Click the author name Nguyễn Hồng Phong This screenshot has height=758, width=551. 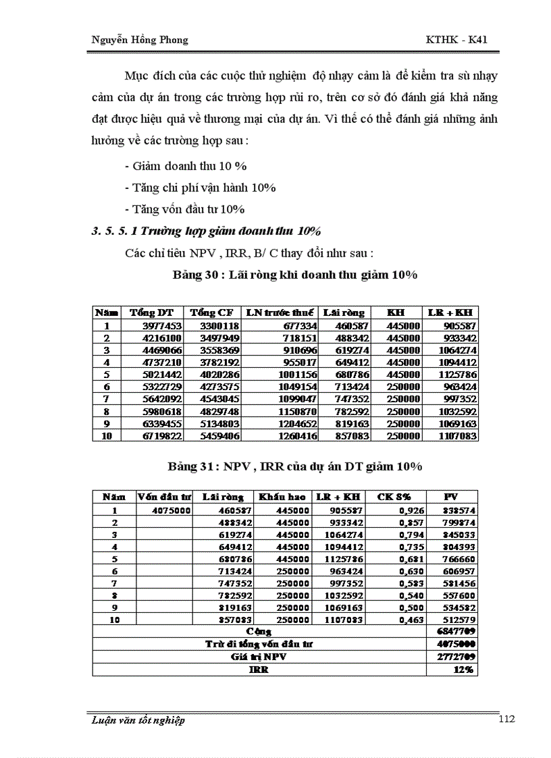(139, 40)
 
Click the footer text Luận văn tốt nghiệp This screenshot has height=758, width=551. (137, 720)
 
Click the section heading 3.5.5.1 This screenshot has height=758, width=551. (206, 231)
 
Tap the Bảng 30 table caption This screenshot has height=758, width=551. (295, 275)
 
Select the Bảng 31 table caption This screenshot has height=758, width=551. (295, 466)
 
